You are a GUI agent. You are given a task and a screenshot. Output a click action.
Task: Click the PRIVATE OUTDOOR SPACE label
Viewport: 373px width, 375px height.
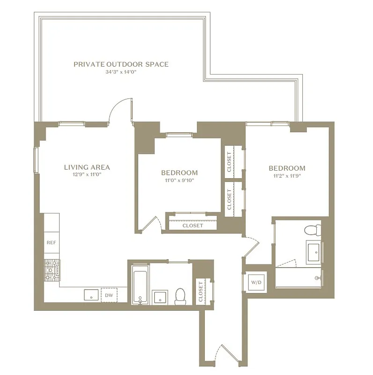pyautogui.click(x=121, y=64)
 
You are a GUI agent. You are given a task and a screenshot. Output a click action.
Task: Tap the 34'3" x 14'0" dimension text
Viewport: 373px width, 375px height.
pyautogui.click(x=121, y=73)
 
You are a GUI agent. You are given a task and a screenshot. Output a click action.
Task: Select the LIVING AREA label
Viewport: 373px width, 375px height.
pyautogui.click(x=87, y=167)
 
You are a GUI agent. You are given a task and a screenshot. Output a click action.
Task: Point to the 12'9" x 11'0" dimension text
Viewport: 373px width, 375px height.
pyautogui.click(x=87, y=175)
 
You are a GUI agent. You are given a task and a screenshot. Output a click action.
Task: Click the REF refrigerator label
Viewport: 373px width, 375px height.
pyautogui.click(x=51, y=243)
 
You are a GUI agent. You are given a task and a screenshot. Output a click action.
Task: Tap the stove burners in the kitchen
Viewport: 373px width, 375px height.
pyautogui.click(x=52, y=270)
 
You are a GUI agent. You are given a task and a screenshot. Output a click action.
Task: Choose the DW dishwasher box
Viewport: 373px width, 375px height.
pyautogui.click(x=109, y=295)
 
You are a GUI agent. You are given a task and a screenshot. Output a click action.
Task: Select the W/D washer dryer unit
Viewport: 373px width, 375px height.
pyautogui.click(x=256, y=283)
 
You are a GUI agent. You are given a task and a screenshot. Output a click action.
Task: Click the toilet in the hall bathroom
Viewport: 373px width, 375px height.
pyautogui.click(x=180, y=296)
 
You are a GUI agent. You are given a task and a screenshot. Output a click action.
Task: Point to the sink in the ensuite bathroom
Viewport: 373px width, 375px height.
pyautogui.click(x=313, y=252)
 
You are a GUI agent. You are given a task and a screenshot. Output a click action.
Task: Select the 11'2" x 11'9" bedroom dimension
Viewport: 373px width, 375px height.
pyautogui.click(x=287, y=176)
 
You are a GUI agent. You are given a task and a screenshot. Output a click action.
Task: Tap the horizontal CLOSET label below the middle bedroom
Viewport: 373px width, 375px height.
pyautogui.click(x=193, y=225)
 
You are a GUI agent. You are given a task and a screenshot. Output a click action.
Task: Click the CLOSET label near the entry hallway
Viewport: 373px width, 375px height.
pyautogui.click(x=201, y=291)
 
